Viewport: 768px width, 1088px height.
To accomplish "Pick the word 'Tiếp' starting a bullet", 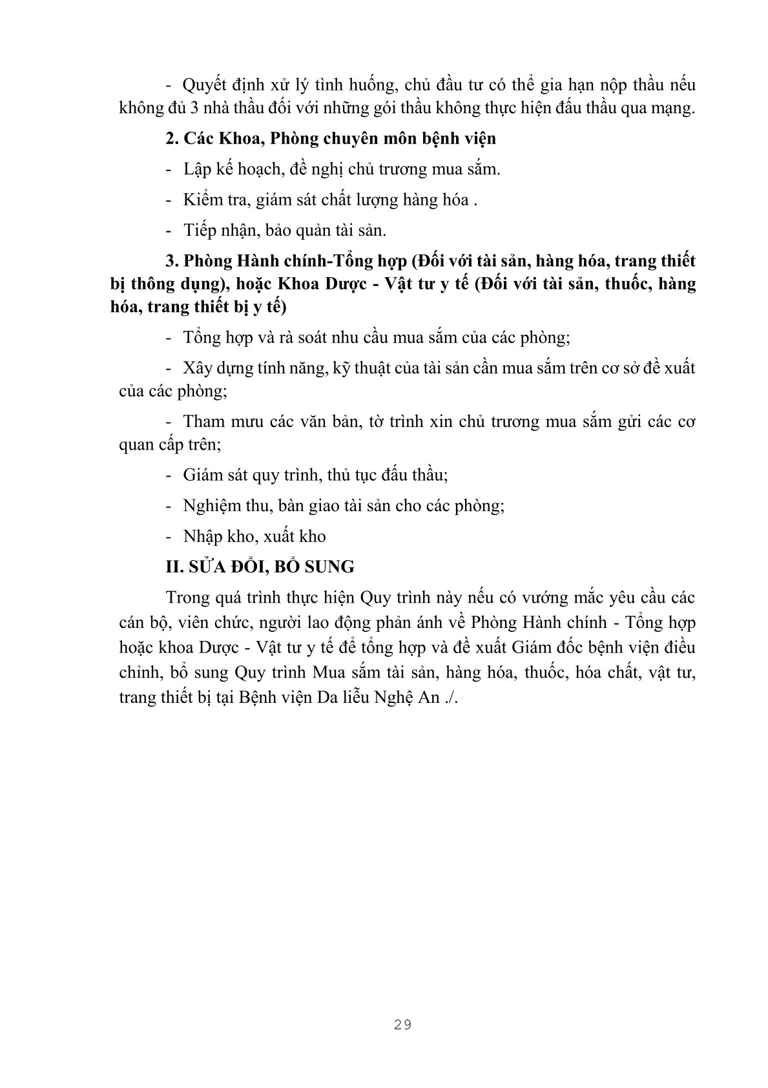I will tap(198, 231).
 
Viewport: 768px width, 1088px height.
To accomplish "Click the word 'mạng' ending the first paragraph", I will tap(676, 109).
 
